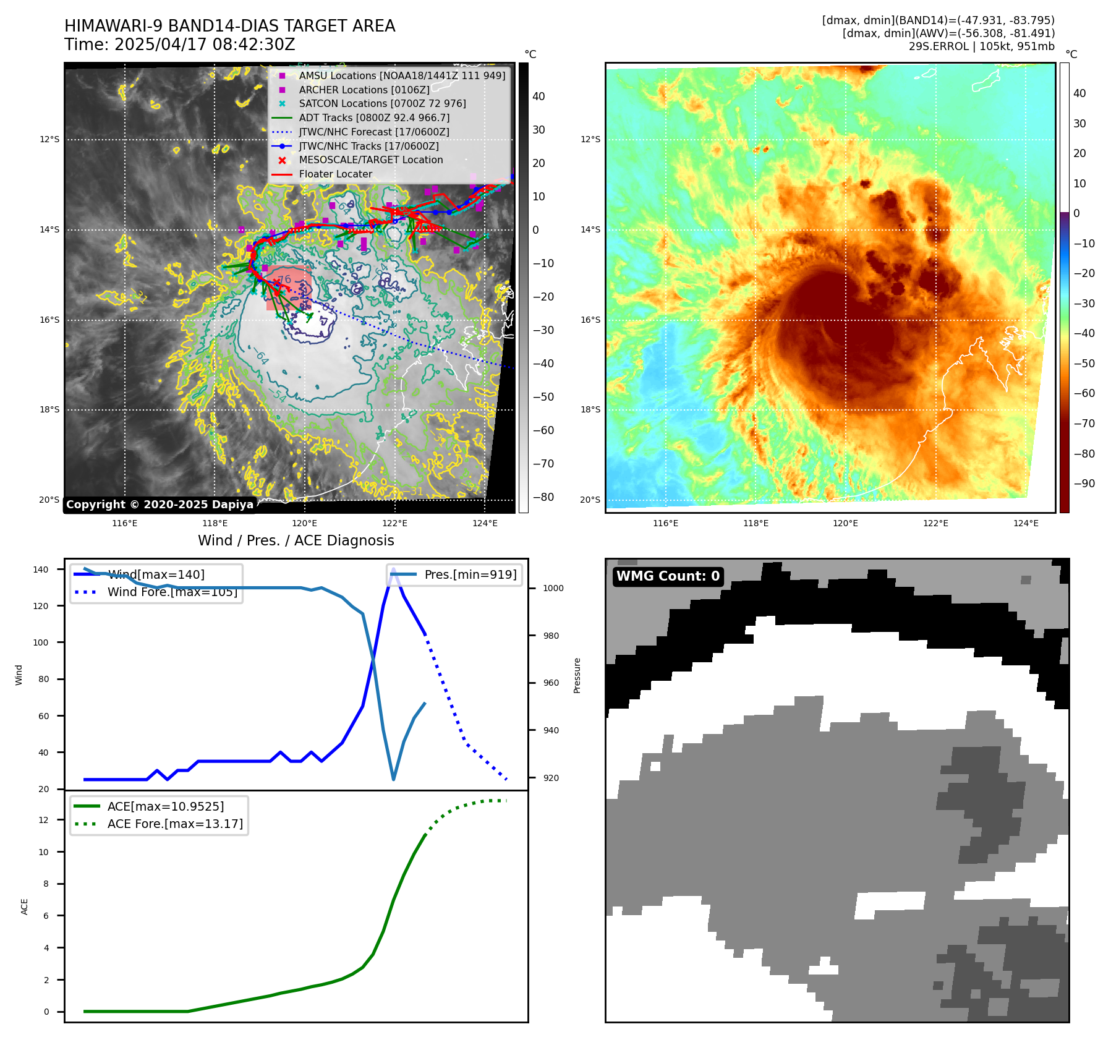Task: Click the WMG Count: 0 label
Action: [668, 576]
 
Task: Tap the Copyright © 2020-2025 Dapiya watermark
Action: [160, 505]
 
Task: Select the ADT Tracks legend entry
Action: [374, 117]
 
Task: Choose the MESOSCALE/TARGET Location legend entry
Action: [371, 160]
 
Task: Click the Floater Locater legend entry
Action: [336, 174]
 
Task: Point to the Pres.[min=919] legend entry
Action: [470, 574]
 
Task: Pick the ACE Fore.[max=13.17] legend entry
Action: [175, 824]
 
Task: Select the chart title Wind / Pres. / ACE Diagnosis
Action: [296, 540]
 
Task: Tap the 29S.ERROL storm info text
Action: [981, 46]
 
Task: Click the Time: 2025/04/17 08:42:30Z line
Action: [179, 45]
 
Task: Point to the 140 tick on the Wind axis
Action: [40, 569]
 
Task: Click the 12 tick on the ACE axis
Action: [43, 820]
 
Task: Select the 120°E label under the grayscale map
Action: [304, 524]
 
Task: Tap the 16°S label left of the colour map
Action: [590, 320]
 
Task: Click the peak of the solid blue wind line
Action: [393, 569]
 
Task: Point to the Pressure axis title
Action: [577, 675]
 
